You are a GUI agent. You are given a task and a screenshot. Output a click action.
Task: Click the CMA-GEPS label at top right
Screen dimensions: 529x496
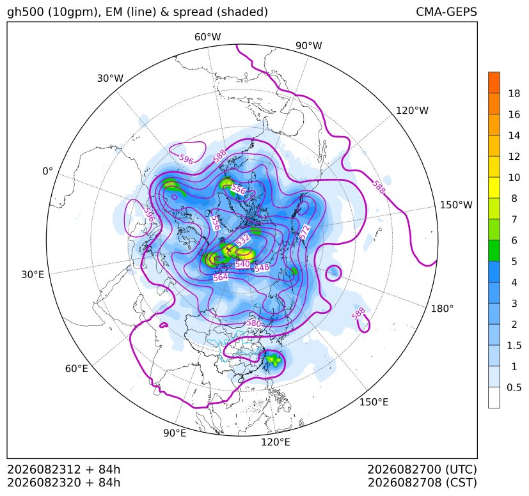pos(446,12)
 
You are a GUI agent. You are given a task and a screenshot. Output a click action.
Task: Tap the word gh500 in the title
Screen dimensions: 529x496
pos(26,13)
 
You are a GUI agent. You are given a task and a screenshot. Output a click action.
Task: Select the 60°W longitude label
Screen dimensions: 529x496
pos(207,37)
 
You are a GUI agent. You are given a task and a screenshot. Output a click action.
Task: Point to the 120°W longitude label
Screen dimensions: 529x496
pos(412,111)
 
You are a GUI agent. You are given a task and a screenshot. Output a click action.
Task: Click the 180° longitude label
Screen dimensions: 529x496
pos(442,309)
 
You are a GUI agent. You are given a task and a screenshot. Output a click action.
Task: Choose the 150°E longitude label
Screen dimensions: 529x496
pos(374,402)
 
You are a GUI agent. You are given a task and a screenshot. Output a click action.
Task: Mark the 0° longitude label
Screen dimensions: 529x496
pos(47,171)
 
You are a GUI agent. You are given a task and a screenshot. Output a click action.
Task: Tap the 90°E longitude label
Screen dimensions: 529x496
pos(175,433)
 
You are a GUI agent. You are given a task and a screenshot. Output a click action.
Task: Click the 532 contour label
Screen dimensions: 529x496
pos(243,241)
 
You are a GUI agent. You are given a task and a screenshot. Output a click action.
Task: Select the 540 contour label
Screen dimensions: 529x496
pos(242,264)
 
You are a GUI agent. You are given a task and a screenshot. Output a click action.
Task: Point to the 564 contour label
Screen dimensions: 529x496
pos(221,277)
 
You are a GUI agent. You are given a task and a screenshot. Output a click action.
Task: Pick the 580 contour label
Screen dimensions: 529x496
pos(254,323)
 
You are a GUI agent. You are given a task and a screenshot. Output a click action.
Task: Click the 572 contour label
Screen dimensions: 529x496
pos(304,232)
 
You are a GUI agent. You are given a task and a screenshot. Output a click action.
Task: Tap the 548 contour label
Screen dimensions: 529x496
pos(262,268)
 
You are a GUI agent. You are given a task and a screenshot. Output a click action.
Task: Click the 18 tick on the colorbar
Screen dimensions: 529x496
pos(514,93)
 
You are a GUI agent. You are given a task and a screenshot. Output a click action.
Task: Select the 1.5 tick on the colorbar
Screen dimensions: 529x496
pos(514,345)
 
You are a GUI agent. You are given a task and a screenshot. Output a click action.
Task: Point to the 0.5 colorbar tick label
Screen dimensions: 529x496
pos(514,387)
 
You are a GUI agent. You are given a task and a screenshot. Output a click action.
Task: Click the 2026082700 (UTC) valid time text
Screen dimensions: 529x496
pos(422,470)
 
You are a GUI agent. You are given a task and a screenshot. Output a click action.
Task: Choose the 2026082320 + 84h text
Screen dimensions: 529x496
pos(64,483)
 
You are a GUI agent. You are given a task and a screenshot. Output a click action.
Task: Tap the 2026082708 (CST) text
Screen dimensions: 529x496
pos(422,483)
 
